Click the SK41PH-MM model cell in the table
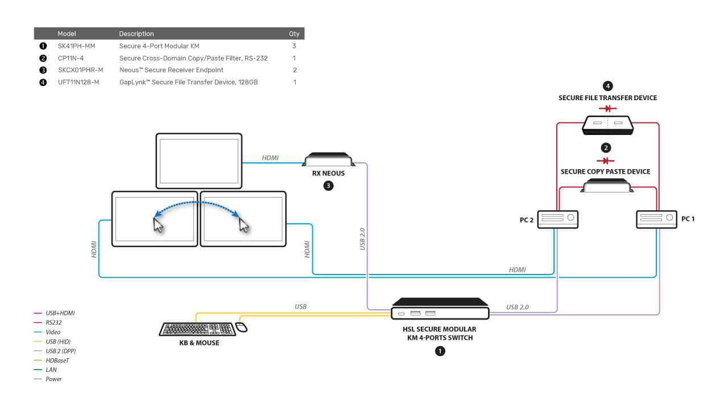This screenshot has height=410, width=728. coord(76,46)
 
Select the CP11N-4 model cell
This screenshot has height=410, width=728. coord(71,58)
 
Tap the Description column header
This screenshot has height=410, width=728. coord(136,34)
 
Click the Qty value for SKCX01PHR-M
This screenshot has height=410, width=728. coord(295,70)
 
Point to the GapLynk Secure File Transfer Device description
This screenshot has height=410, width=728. coord(188,82)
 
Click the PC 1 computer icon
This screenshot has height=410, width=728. coord(656,219)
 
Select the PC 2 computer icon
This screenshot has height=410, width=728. coord(558,219)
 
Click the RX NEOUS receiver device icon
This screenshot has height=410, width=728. coord(328,159)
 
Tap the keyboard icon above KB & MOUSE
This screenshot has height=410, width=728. coord(197,329)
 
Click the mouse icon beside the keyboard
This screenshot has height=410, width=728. coord(241,327)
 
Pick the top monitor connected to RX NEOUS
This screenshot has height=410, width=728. coord(199,161)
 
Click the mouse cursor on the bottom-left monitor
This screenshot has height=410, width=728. coord(158,225)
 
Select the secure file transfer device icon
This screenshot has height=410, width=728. coord(607,125)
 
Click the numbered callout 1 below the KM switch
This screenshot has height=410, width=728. coord(440,351)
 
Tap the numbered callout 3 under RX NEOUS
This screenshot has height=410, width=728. coord(328,186)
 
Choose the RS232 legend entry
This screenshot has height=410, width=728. coord(47,322)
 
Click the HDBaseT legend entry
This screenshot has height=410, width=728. coord(51,360)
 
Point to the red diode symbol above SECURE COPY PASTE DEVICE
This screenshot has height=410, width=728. coord(606,161)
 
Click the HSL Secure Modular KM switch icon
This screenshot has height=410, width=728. coord(440,309)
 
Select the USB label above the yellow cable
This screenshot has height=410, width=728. coord(300,306)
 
